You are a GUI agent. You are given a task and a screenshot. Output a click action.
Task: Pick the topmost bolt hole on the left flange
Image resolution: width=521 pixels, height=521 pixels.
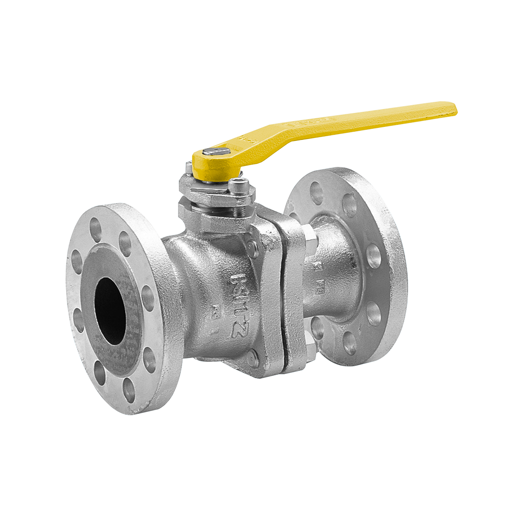tap(96, 230)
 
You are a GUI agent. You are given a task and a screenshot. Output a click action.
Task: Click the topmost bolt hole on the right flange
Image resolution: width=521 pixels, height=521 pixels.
tap(316, 192)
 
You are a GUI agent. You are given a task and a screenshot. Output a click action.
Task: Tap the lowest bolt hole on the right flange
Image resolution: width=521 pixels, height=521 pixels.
tap(350, 343)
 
